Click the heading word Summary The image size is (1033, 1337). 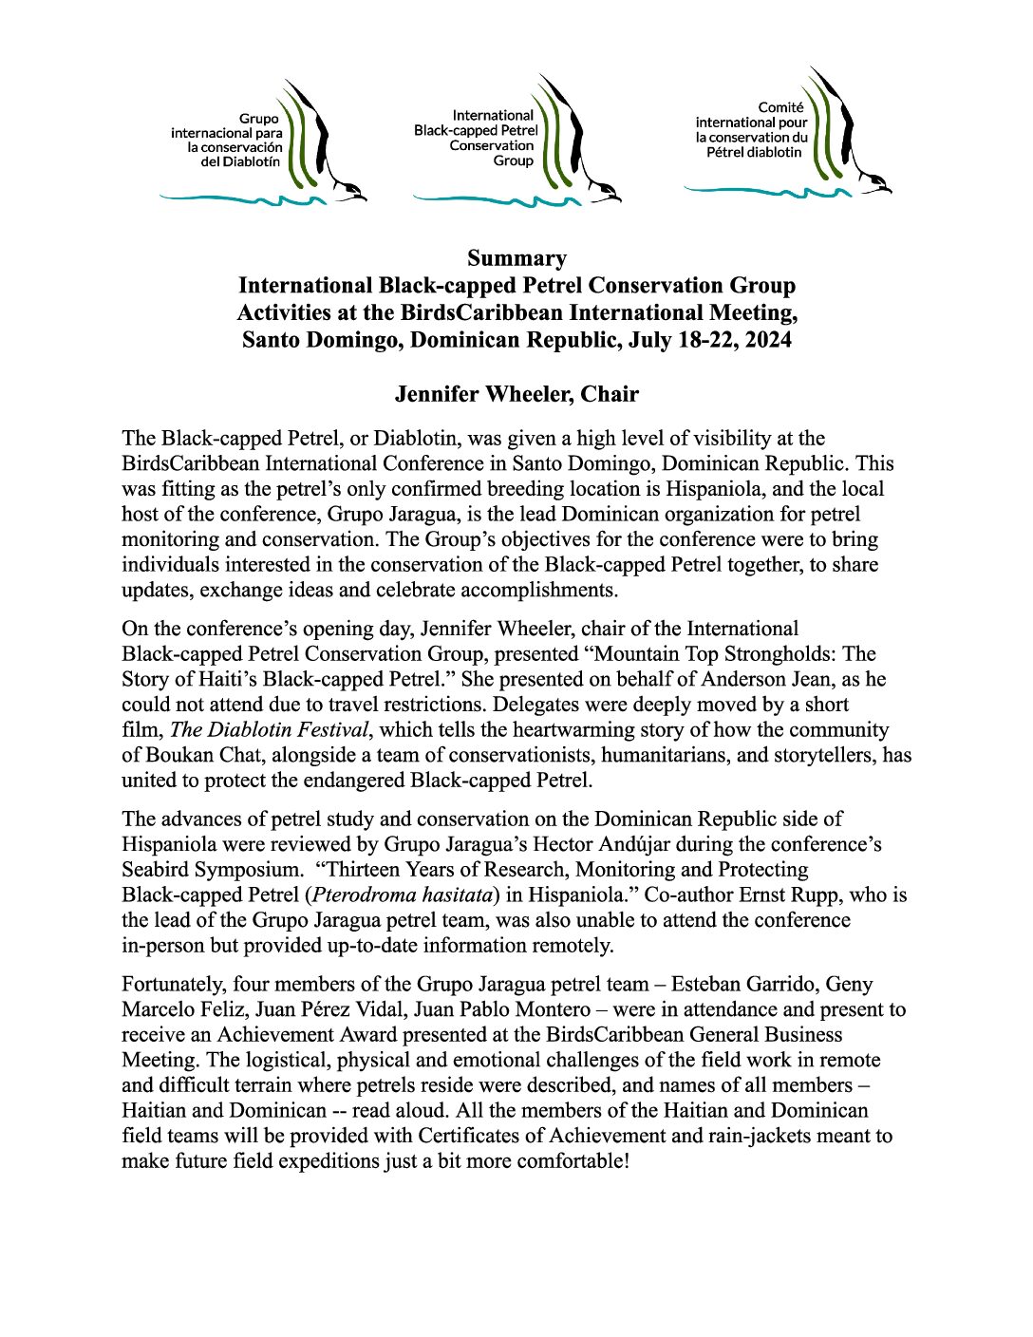click(516, 258)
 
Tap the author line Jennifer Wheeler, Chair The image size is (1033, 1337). click(516, 394)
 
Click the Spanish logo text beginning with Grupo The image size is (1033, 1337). click(228, 141)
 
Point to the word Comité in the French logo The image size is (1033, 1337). click(780, 107)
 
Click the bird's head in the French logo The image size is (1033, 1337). click(877, 184)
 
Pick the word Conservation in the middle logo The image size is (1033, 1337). click(492, 146)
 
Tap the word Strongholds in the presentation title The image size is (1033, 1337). click(776, 654)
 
